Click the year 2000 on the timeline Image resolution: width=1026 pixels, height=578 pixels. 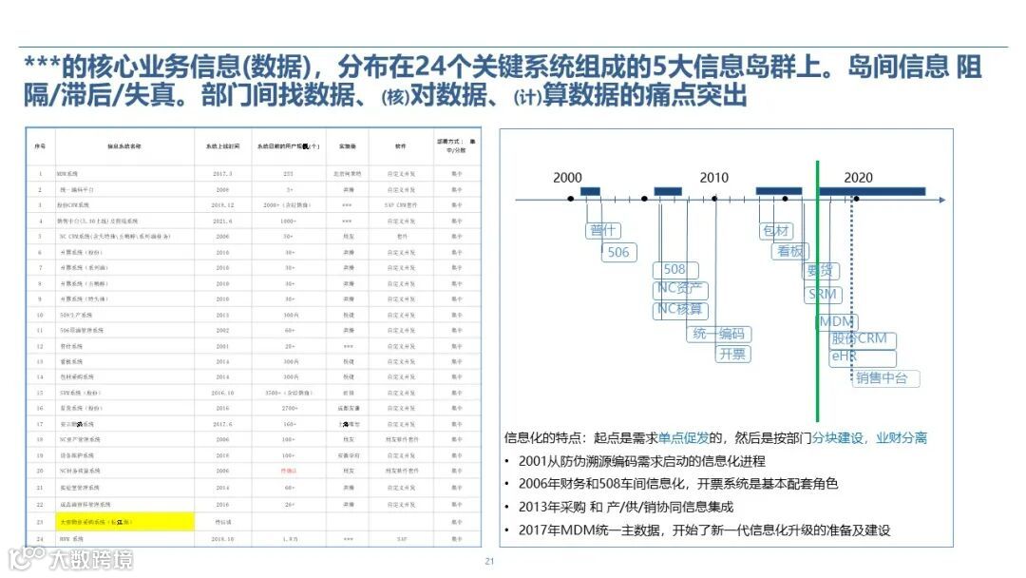click(x=568, y=178)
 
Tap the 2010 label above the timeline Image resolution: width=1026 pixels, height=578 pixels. click(x=713, y=178)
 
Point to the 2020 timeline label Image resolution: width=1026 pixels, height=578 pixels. click(x=858, y=178)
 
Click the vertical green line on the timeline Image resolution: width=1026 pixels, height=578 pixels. click(x=817, y=285)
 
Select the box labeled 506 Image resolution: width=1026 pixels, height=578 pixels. click(x=618, y=252)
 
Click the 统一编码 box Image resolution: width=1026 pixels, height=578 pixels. click(x=718, y=334)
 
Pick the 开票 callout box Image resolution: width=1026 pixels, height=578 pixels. click(x=732, y=354)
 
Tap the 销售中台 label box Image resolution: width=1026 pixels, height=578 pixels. click(x=882, y=377)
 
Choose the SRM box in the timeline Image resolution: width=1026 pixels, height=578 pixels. click(x=822, y=295)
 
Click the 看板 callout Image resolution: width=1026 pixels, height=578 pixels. click(x=790, y=252)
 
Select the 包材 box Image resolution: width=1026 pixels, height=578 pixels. click(x=775, y=231)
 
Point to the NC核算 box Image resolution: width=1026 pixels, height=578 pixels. click(x=681, y=310)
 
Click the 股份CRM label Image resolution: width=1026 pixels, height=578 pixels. click(x=860, y=339)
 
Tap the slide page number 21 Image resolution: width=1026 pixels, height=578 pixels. click(x=490, y=561)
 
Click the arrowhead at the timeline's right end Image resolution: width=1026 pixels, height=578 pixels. click(x=941, y=200)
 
